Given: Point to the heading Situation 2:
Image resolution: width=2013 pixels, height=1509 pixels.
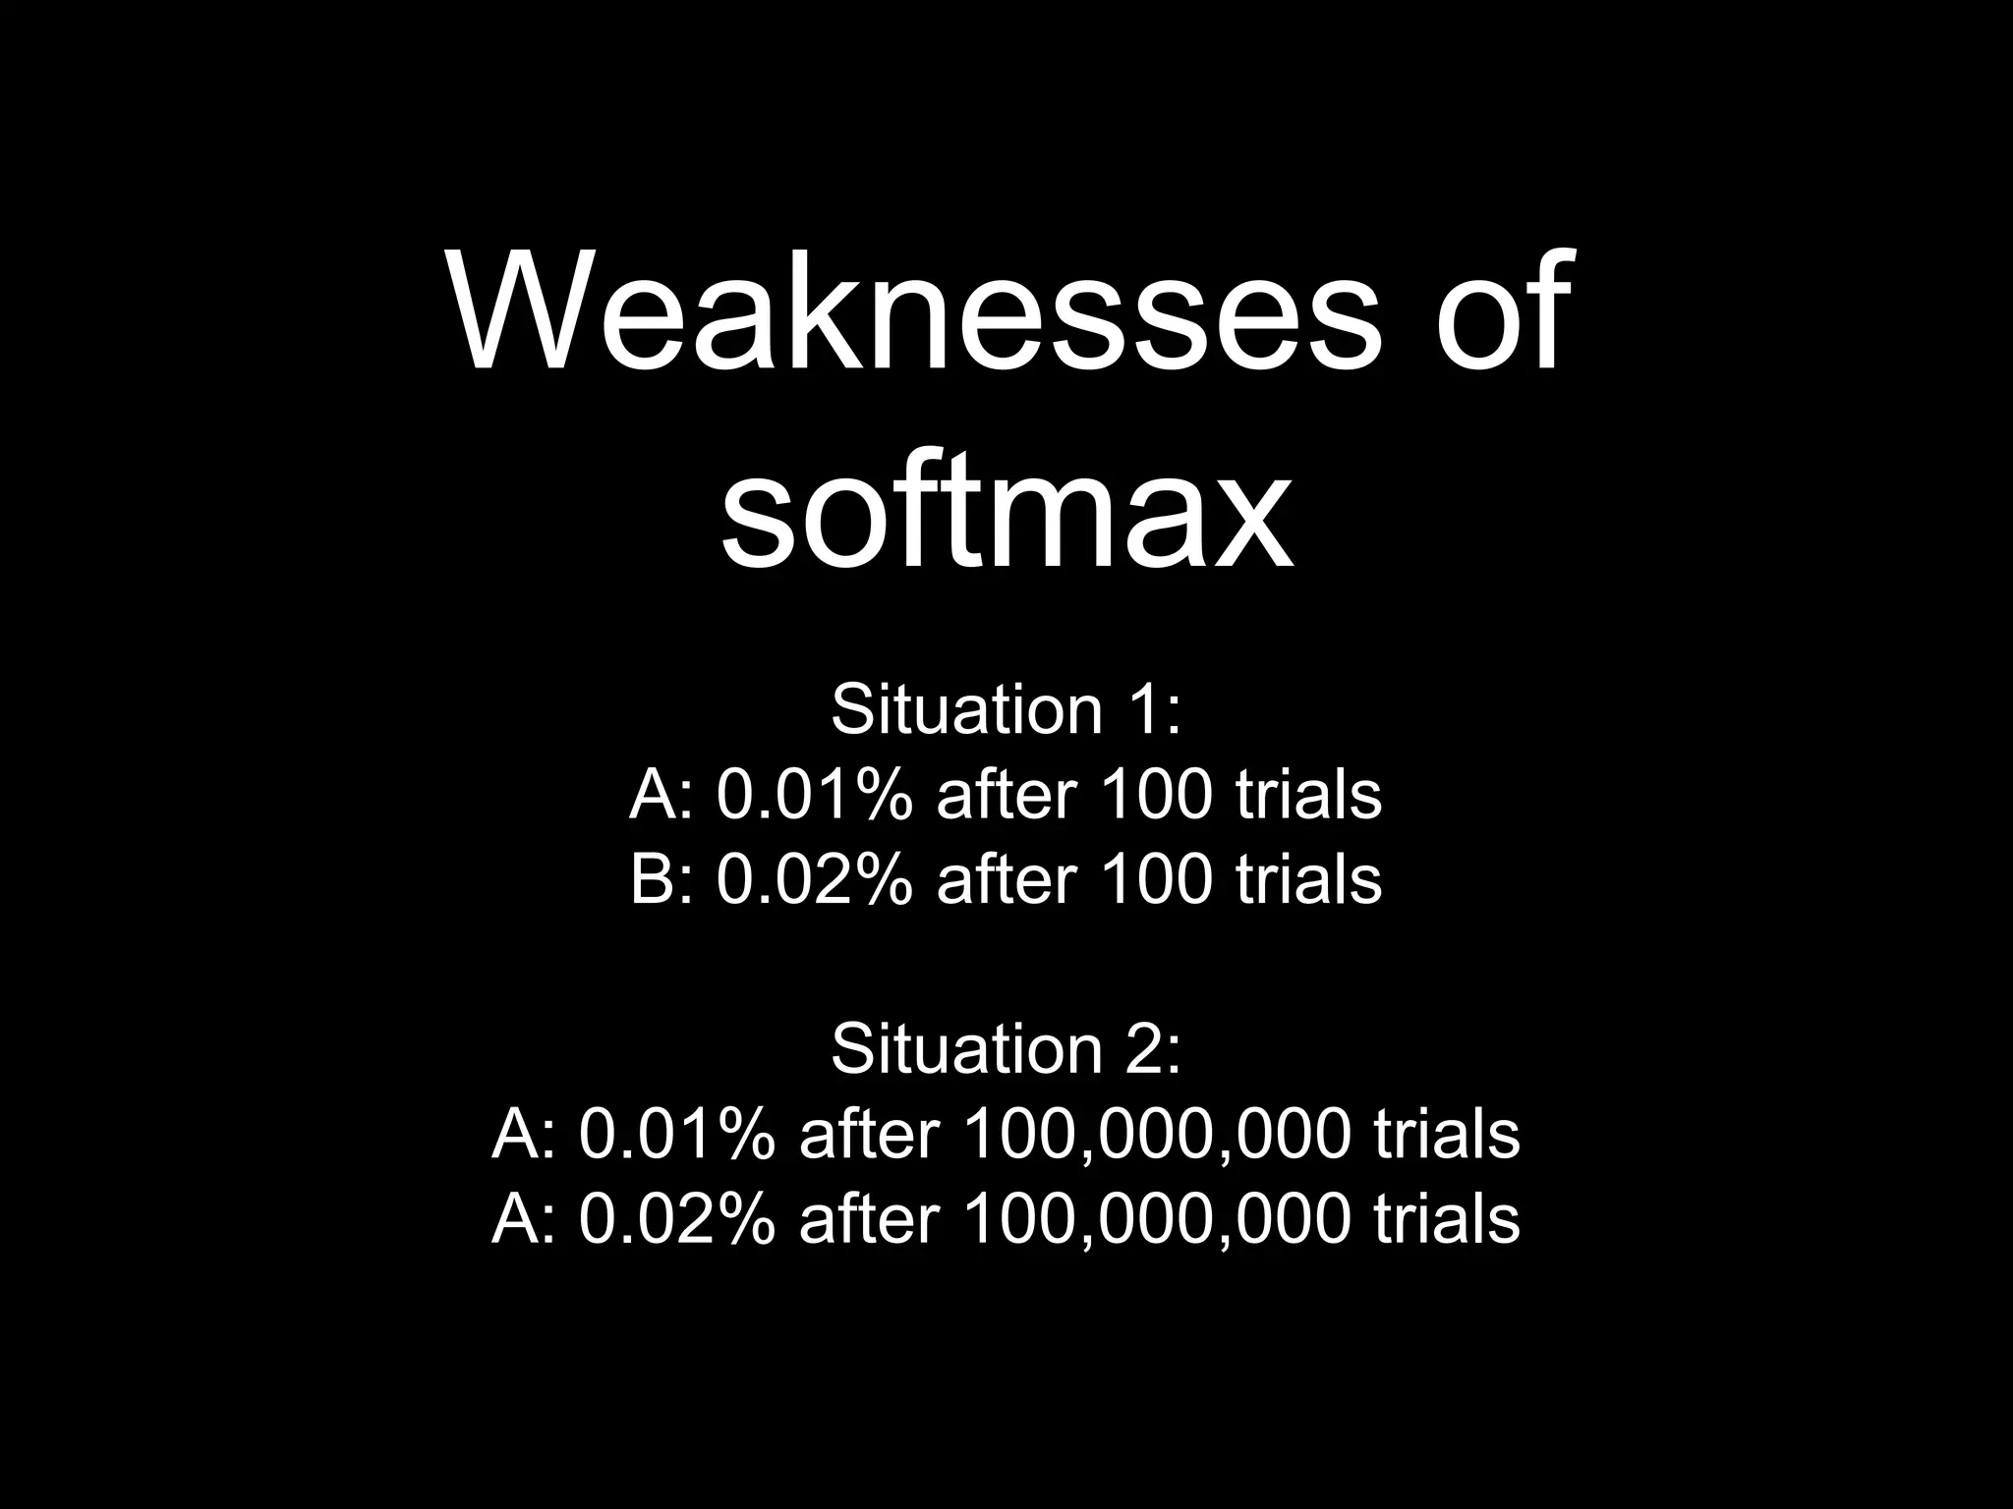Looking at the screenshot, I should pos(1006,1048).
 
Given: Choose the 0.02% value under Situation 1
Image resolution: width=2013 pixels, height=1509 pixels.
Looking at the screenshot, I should pos(814,878).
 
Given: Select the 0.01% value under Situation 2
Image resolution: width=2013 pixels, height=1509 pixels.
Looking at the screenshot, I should pos(676,1134).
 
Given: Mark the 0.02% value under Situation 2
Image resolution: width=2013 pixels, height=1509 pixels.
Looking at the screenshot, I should pos(676,1218).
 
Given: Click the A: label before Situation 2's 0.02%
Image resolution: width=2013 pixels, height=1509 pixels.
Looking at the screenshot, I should pos(524,1218).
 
